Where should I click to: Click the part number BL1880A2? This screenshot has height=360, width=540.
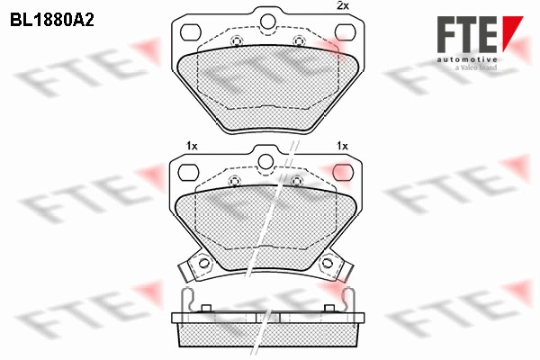coord(52,21)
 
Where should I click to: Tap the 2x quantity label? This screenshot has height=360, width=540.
coord(342,5)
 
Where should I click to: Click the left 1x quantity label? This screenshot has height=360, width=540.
coord(192,146)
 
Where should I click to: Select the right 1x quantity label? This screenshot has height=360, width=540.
coord(342,146)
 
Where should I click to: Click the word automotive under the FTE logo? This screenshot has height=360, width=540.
coord(467,60)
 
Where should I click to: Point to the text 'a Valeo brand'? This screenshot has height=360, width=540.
coord(476,67)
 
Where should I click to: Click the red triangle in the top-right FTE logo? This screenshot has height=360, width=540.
coord(512,33)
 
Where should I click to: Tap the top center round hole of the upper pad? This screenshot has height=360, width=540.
coord(267,22)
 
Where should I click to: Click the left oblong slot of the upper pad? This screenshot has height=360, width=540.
coord(191,32)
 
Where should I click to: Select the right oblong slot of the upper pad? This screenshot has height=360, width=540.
coord(345,32)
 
